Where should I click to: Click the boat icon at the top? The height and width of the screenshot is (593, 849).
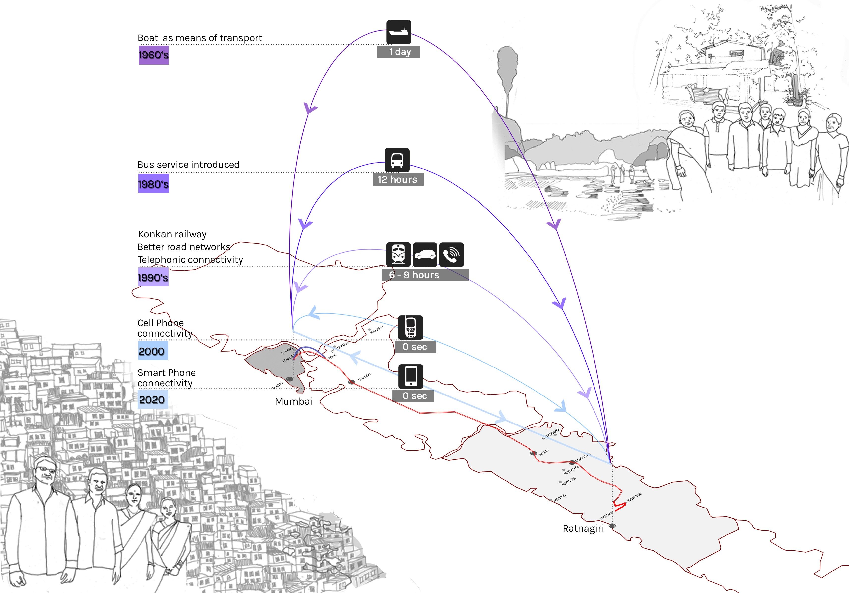pos(399,32)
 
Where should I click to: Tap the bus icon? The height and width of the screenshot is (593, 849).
pos(397,160)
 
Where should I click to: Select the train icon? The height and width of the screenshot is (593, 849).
pos(398,254)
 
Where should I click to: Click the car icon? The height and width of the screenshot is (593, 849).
pos(425,254)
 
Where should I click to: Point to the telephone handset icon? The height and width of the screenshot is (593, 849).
pos(451,254)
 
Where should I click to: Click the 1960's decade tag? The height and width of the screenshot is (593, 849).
pos(153,55)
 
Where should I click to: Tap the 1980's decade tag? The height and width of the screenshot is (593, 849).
pos(153,184)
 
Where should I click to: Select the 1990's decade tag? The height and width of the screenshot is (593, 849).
pos(153,278)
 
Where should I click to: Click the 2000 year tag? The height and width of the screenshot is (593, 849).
pos(152,351)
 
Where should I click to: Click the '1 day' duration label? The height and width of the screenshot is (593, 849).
pos(399,52)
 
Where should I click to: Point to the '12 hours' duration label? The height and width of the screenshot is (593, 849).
pos(398,180)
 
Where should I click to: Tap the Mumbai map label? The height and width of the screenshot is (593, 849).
pos(294,401)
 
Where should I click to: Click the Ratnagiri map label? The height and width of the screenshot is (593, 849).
pos(583,528)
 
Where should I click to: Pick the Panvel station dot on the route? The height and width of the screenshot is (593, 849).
pos(352,382)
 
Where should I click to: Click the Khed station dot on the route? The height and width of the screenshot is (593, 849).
pos(533,453)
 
